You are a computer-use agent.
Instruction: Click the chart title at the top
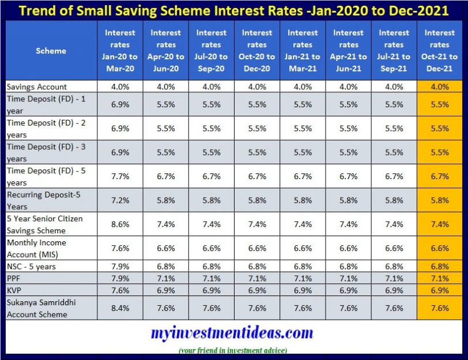point(233,10)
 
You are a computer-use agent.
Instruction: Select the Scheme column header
point(51,51)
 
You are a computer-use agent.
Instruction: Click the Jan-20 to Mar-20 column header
point(120,51)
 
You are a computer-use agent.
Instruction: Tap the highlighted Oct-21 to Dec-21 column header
point(440,51)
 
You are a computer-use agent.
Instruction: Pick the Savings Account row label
point(37,86)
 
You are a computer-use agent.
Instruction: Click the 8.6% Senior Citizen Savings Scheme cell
point(120,224)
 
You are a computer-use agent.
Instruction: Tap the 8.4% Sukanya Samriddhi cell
point(120,308)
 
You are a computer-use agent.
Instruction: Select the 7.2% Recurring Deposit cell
point(120,200)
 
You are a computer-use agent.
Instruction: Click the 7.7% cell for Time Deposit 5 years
point(120,176)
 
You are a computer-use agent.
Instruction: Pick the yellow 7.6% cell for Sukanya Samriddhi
point(440,308)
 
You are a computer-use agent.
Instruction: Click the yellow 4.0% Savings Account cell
point(440,86)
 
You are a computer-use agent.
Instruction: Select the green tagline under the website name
point(233,350)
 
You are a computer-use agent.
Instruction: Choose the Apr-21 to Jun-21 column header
point(349,51)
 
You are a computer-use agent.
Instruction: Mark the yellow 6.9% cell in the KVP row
point(440,290)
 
